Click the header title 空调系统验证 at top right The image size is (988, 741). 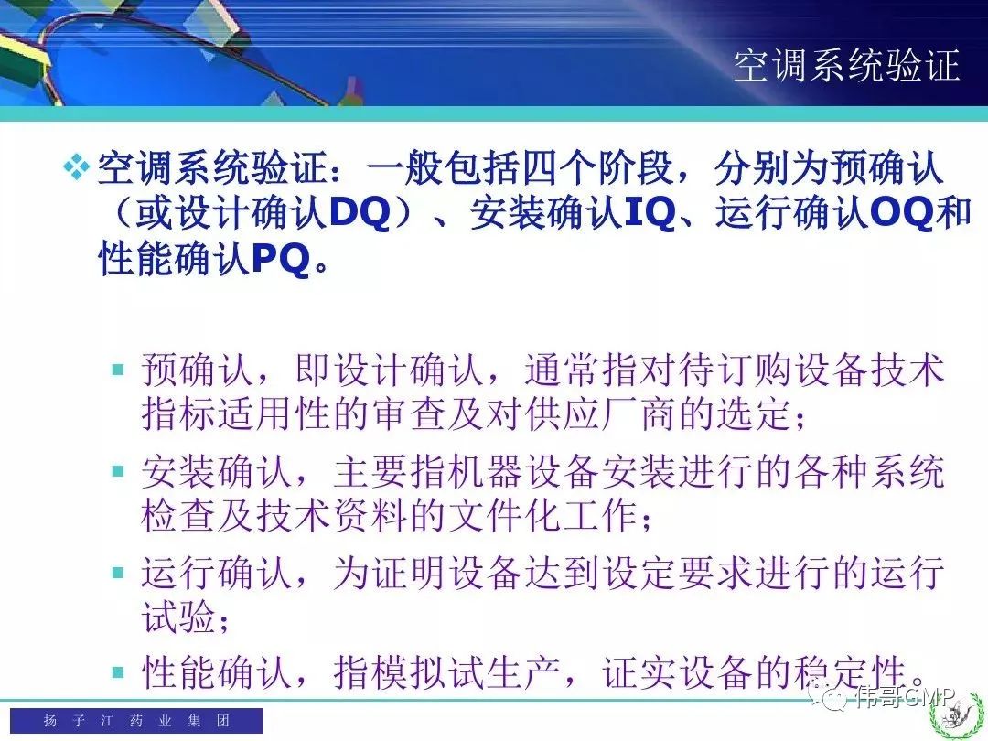pyautogui.click(x=846, y=65)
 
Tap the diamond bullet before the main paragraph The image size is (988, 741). pyautogui.click(x=76, y=167)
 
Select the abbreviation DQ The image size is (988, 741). pyautogui.click(x=360, y=212)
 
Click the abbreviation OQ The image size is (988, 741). pyautogui.click(x=901, y=212)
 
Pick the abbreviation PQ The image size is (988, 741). pyautogui.click(x=281, y=257)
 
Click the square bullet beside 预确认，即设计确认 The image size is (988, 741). pyautogui.click(x=118, y=370)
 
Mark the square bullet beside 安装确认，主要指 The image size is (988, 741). pyautogui.click(x=118, y=471)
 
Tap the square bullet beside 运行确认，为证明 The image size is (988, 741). pyautogui.click(x=118, y=572)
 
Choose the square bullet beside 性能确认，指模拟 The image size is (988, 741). pyautogui.click(x=118, y=671)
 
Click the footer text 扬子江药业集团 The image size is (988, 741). pyautogui.click(x=136, y=720)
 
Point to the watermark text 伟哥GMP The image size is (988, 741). pyautogui.click(x=904, y=697)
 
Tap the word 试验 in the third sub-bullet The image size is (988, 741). pyautogui.click(x=179, y=617)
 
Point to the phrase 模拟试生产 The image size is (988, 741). pyautogui.click(x=447, y=671)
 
